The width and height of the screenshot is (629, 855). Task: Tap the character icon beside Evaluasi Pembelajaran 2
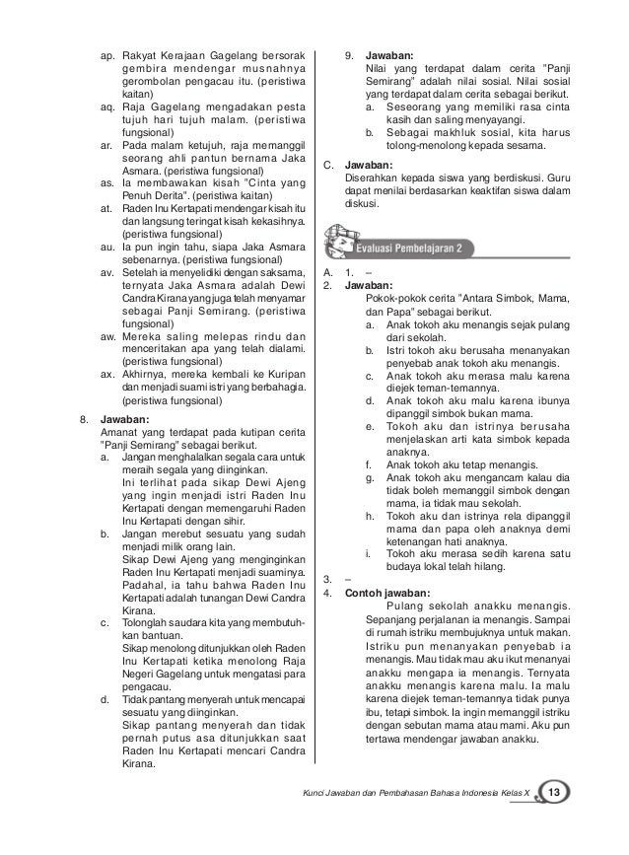click(x=354, y=242)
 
